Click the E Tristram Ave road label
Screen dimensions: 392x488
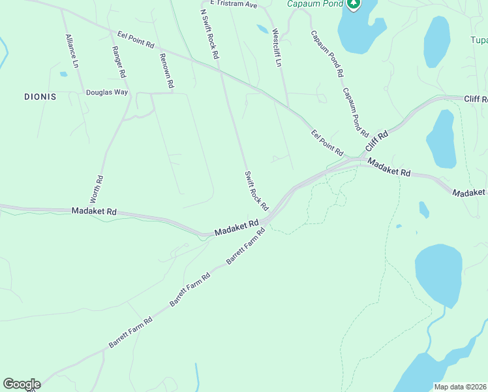pyautogui.click(x=229, y=4)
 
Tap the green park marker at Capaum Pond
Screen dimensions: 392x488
pyautogui.click(x=353, y=5)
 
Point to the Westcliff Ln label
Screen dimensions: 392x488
pyautogui.click(x=277, y=48)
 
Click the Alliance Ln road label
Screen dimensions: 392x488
pyautogui.click(x=71, y=52)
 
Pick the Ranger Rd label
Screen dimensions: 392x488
pyautogui.click(x=120, y=59)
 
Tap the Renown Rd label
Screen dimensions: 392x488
pyautogui.click(x=167, y=71)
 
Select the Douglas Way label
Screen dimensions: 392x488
pyautogui.click(x=107, y=93)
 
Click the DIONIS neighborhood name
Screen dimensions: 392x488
pyautogui.click(x=40, y=97)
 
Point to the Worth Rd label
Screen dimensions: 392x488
pyautogui.click(x=96, y=188)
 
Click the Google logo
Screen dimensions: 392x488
pyautogui.click(x=22, y=384)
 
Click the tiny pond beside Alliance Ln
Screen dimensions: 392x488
pyautogui.click(x=63, y=74)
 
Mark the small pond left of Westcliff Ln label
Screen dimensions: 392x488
pyautogui.click(x=262, y=29)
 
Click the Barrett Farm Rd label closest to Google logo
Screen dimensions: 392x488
pyautogui.click(x=130, y=332)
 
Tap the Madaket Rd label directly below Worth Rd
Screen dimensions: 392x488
pyautogui.click(x=94, y=212)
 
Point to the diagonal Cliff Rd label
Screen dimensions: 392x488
pyautogui.click(x=376, y=142)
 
